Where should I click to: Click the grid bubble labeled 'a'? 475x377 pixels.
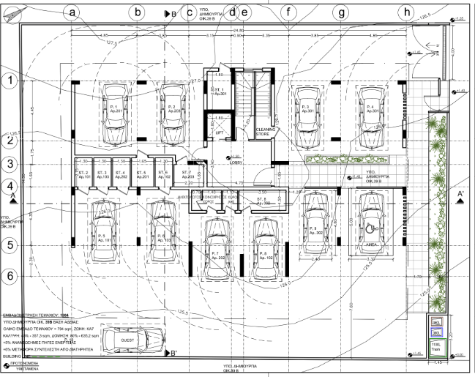pyautogui.click(x=71, y=12)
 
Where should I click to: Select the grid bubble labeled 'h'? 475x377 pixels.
pyautogui.click(x=405, y=12)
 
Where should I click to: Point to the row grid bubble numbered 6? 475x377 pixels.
pyautogui.click(x=10, y=276)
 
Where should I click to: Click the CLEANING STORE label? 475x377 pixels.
pyautogui.click(x=264, y=131)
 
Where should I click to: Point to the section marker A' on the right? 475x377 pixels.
pyautogui.click(x=460, y=195)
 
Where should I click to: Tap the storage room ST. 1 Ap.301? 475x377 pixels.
pyautogui.click(x=219, y=92)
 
